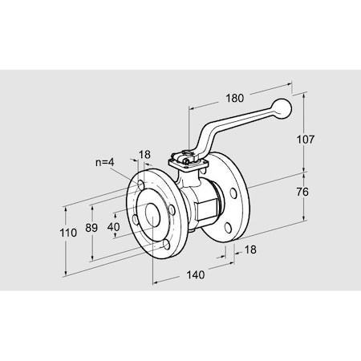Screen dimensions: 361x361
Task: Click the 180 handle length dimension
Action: coord(234,99)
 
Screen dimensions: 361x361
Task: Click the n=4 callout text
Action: coord(104,162)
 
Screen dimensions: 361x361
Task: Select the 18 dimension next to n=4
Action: coord(144,154)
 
